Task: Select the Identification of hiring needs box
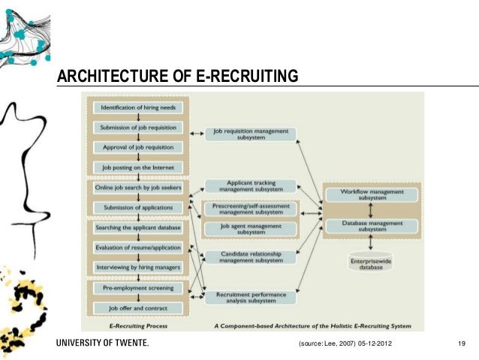(x=138, y=107)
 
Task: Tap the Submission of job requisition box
(x=138, y=127)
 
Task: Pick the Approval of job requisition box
(x=138, y=147)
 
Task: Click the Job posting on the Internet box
(x=138, y=166)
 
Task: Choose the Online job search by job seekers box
(x=138, y=187)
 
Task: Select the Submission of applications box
(x=138, y=207)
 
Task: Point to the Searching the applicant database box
(x=138, y=227)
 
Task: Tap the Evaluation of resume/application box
(x=138, y=247)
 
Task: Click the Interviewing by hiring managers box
(x=138, y=267)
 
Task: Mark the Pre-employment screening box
(x=138, y=288)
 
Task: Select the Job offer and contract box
(x=138, y=307)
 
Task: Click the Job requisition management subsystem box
(x=251, y=134)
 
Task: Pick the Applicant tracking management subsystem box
(x=251, y=185)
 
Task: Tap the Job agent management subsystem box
(x=251, y=228)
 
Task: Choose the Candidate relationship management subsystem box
(x=251, y=257)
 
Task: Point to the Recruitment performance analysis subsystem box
(x=251, y=298)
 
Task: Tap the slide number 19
(x=462, y=343)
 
